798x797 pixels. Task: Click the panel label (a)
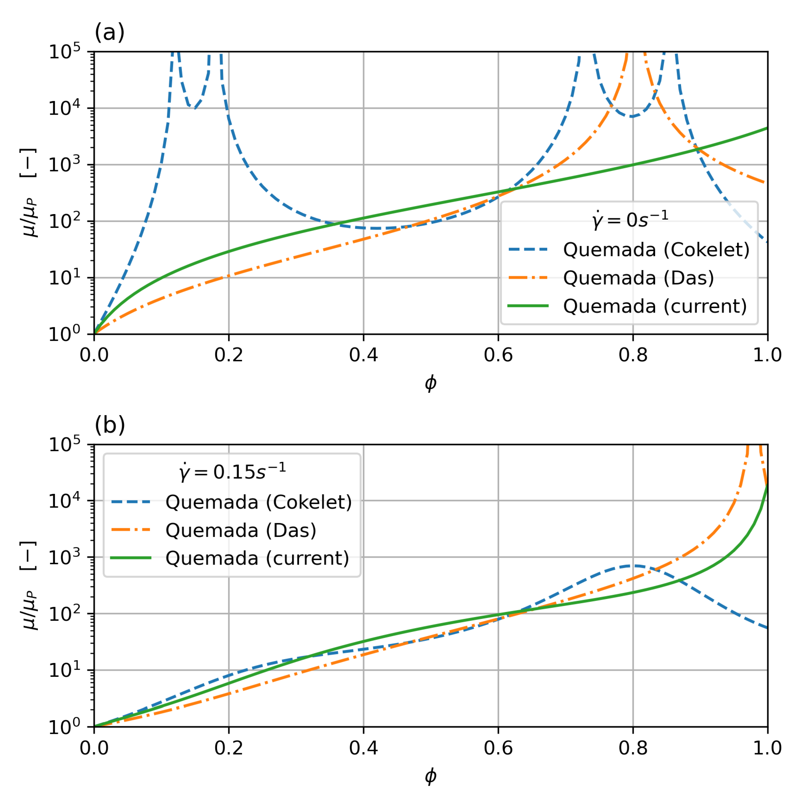pos(109,32)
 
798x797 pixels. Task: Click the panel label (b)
pos(109,425)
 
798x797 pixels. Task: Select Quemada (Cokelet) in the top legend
pos(656,250)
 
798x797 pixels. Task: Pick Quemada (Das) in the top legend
pos(638,278)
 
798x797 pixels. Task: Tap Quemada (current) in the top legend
pos(655,306)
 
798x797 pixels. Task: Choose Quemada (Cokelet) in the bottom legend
pos(258,502)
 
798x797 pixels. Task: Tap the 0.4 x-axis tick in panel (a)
pos(364,355)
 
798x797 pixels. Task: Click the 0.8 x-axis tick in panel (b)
pos(633,748)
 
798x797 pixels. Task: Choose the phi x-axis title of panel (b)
pos(431,776)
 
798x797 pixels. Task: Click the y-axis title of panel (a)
pos(29,193)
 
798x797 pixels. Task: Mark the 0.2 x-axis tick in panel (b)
pos(228,748)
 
